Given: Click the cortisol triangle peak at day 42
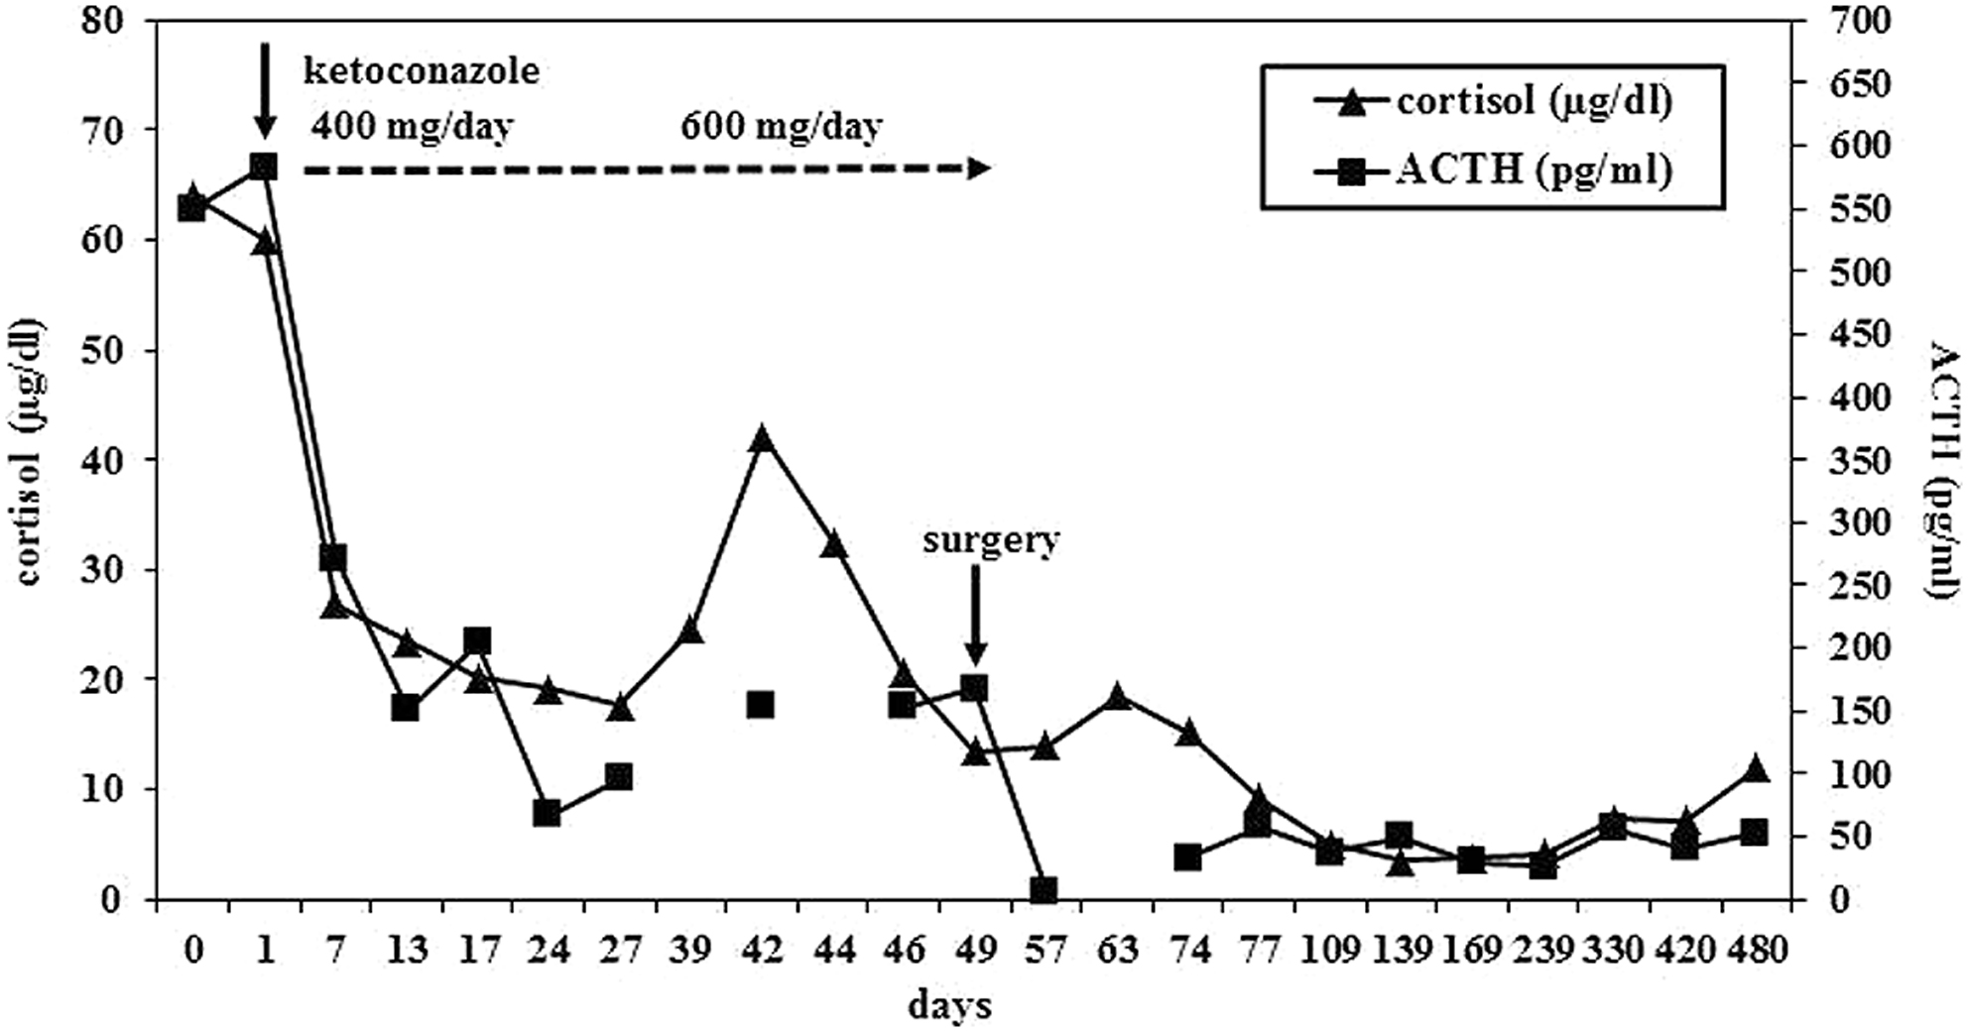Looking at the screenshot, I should pos(762,439).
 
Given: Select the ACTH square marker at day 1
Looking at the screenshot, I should pos(264,166).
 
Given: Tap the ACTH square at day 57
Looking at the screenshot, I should pos(1043,889).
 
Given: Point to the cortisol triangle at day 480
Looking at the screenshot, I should pos(1755,769).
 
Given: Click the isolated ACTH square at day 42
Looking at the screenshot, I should pos(761,705).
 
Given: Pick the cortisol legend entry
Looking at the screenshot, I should pos(1492,102).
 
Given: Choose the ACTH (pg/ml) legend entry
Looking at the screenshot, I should pos(1492,171).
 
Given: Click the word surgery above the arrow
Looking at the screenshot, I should pos(991,540).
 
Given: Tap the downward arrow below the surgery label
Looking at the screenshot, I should pos(975,615).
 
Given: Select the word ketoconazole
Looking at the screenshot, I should pos(423,71).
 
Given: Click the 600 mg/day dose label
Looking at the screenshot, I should pos(781,127).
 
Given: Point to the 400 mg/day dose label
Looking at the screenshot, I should pos(412,127).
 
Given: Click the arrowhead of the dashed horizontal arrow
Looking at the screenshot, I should pos(979,169).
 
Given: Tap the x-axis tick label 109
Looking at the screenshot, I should pos(1329,951).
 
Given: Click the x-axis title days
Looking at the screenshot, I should pos(949,1006).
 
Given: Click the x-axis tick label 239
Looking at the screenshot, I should pos(1542,951).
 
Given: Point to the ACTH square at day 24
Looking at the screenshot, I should pos(548,813).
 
